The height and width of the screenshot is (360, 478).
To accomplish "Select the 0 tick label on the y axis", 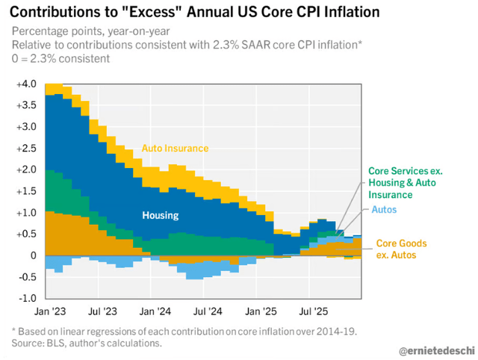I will (x=32, y=255).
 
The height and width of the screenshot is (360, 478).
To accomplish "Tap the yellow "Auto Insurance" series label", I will (x=176, y=149).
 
